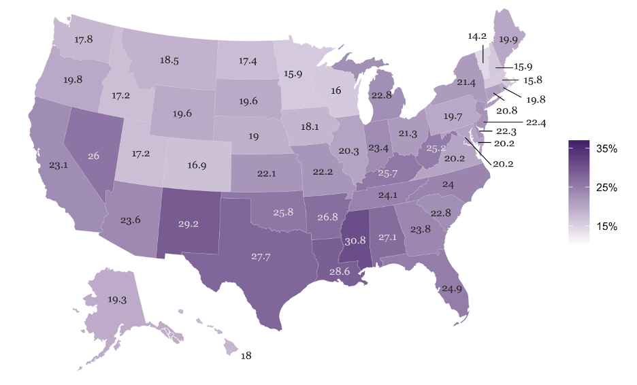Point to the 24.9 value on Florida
tap(450, 289)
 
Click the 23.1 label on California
tap(42, 164)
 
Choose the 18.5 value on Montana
tap(169, 60)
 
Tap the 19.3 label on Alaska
tap(118, 299)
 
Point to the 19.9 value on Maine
tap(507, 39)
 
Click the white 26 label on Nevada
tap(94, 155)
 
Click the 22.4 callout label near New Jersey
tap(536, 122)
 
